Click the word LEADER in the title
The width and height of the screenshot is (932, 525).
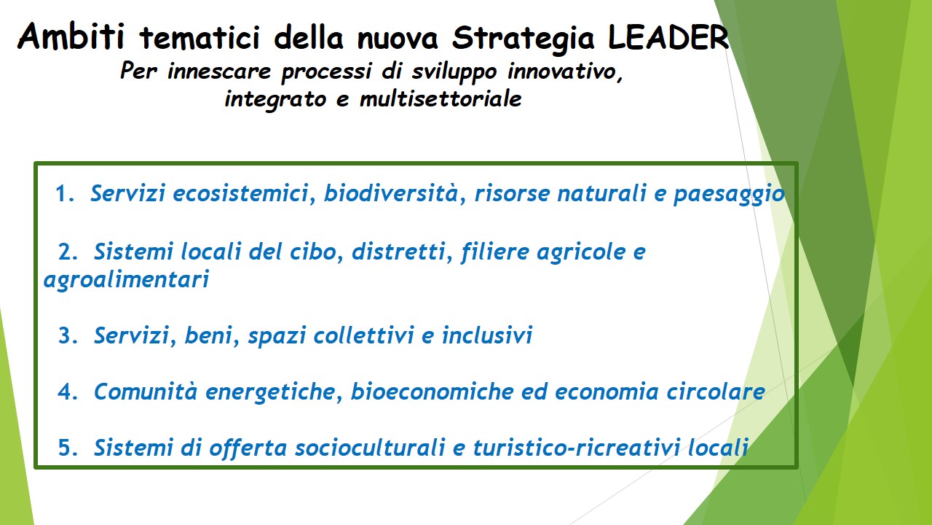(668, 37)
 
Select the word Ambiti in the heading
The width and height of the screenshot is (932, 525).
(71, 36)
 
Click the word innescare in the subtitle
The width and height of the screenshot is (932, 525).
(219, 71)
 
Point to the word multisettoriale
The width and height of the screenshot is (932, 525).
(441, 98)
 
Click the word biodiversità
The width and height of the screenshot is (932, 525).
(391, 193)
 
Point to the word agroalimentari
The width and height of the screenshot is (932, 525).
(126, 279)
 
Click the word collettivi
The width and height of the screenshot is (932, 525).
(363, 335)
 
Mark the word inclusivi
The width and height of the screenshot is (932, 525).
(487, 335)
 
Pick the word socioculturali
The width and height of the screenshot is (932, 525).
(370, 447)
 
